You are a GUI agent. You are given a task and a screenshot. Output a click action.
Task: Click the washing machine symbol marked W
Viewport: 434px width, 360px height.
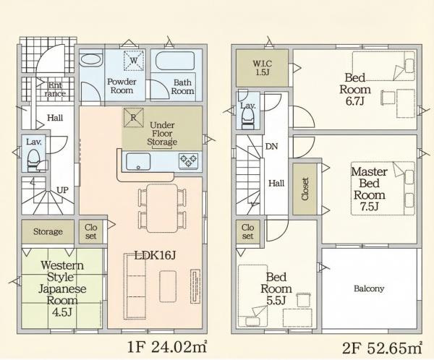point(134,60)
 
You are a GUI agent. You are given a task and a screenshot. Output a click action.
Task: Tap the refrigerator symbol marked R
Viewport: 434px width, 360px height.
point(133,118)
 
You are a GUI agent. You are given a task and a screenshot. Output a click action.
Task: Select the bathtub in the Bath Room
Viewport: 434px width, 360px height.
point(175,61)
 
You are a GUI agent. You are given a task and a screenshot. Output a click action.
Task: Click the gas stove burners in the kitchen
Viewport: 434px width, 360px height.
point(189,160)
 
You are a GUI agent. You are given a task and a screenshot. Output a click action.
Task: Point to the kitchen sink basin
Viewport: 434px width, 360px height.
point(138,162)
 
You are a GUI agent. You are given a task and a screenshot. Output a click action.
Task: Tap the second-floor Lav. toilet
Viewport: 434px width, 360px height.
point(247,118)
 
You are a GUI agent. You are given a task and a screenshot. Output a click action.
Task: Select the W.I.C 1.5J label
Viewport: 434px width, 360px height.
point(262,68)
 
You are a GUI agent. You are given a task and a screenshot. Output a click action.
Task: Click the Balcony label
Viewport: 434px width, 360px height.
point(369,289)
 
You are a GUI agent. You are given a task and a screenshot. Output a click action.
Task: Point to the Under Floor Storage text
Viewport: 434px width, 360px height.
point(162,134)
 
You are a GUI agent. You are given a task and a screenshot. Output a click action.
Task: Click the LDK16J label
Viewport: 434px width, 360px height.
point(155,256)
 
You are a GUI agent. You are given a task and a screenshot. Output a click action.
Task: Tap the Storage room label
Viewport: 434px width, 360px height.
point(48,231)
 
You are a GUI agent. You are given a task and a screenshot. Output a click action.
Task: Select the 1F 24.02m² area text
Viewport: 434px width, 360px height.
point(167,347)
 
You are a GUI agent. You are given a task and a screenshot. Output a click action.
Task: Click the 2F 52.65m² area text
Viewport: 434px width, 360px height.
point(382,348)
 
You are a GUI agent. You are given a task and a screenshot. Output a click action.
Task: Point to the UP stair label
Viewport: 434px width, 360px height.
point(62,190)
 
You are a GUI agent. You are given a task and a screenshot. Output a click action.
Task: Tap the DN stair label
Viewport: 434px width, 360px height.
point(271,146)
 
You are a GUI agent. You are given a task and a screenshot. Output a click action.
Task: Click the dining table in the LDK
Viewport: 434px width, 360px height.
point(162,208)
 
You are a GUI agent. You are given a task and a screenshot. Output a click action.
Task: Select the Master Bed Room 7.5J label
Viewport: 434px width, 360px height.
point(369,189)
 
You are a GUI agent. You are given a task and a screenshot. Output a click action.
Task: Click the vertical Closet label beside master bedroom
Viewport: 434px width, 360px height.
point(305,189)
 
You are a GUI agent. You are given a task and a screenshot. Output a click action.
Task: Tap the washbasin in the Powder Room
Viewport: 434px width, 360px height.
point(90,59)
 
